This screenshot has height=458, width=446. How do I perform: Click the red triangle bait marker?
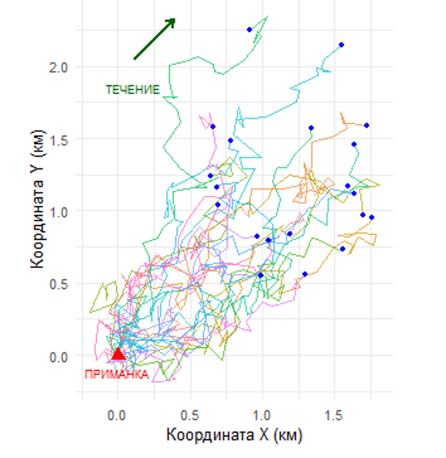pyautogui.click(x=118, y=354)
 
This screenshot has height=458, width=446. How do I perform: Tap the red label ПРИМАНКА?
pyautogui.click(x=117, y=375)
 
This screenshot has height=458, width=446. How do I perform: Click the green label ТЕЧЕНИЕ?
pyautogui.click(x=132, y=90)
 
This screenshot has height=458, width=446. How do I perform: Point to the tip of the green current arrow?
pyautogui.click(x=174, y=20)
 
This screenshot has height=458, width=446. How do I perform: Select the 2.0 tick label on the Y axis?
pyautogui.click(x=59, y=67)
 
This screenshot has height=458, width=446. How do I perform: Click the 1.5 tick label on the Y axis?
pyautogui.click(x=59, y=139)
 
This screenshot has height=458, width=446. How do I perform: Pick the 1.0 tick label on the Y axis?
pyautogui.click(x=59, y=212)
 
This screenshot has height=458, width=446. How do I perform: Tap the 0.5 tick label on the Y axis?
pyautogui.click(x=59, y=284)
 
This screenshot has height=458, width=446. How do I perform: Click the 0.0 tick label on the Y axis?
pyautogui.click(x=59, y=357)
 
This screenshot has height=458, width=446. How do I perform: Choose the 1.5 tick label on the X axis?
pyautogui.click(x=334, y=416)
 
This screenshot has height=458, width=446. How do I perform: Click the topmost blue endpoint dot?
pyautogui.click(x=249, y=30)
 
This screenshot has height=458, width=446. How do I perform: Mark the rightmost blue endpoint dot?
pyautogui.click(x=372, y=217)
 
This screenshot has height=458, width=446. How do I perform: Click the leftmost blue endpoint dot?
pyautogui.click(x=210, y=176)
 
